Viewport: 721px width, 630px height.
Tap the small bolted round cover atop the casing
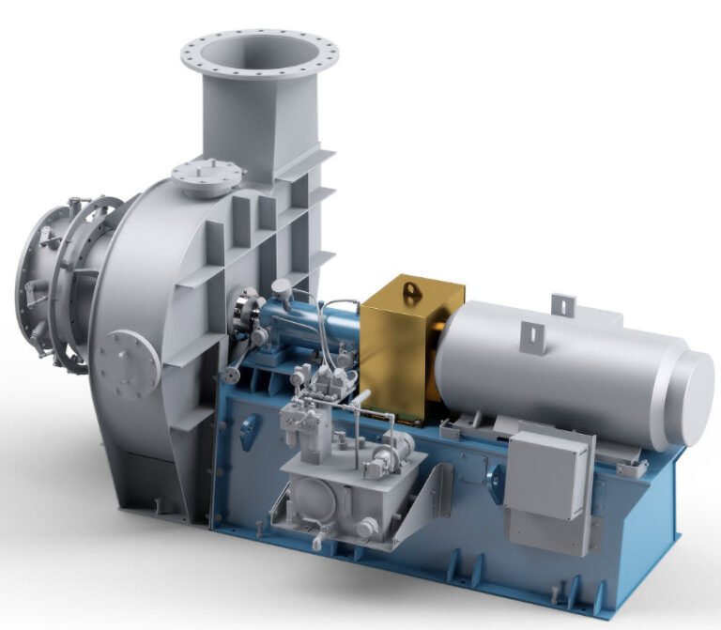point(207,177)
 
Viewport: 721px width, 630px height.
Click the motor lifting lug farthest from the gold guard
point(563,304)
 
